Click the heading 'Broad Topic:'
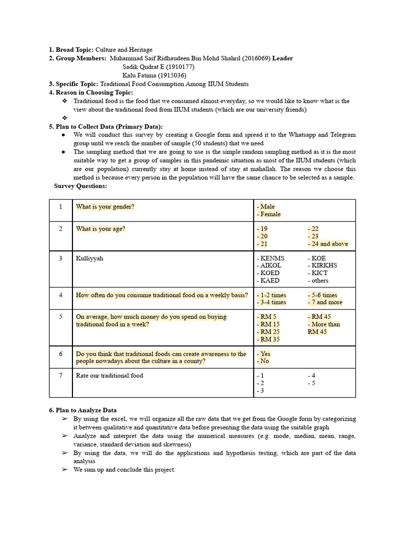click(75, 50)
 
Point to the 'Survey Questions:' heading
click(80, 186)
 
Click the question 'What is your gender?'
click(105, 207)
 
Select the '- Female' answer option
click(269, 214)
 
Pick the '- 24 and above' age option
click(328, 244)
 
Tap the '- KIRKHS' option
click(322, 266)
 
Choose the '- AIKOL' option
click(270, 266)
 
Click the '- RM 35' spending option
click(269, 339)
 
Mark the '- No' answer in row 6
click(263, 361)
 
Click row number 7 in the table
click(61, 376)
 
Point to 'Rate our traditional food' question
click(109, 376)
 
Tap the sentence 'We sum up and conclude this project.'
click(124, 470)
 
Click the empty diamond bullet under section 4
click(64, 118)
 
